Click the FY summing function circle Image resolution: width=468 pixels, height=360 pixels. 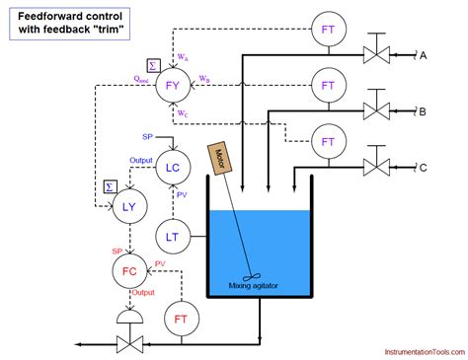pyautogui.click(x=174, y=86)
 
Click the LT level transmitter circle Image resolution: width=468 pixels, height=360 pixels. pyautogui.click(x=173, y=236)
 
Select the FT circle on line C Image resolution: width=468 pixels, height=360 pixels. pyautogui.click(x=327, y=137)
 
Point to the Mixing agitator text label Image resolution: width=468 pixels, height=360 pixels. pyautogui.click(x=254, y=286)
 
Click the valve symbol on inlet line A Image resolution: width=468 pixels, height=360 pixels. pyautogui.click(x=375, y=55)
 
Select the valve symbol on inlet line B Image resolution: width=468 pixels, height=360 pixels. pyautogui.click(x=375, y=109)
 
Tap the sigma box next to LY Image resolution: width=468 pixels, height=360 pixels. pyautogui.click(x=110, y=185)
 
